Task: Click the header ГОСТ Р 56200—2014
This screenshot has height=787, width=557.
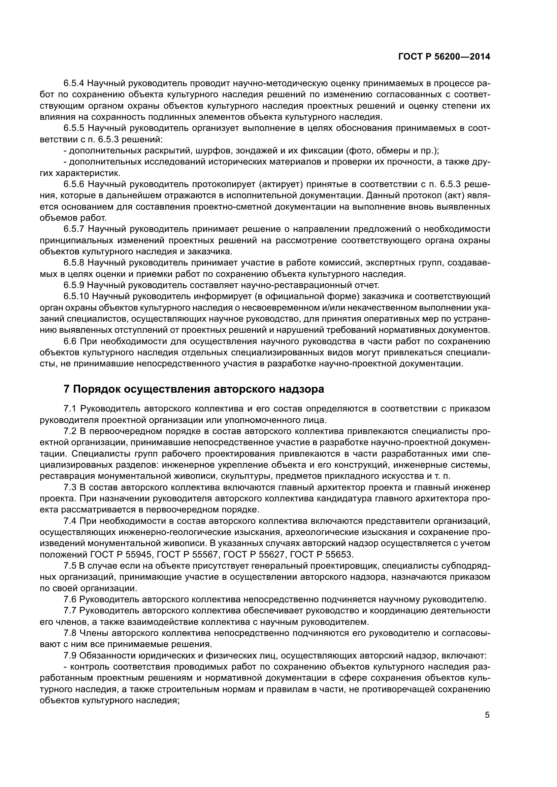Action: [444, 57]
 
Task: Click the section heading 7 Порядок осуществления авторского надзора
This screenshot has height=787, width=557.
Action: [194, 389]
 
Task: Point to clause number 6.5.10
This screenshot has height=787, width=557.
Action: [76, 296]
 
